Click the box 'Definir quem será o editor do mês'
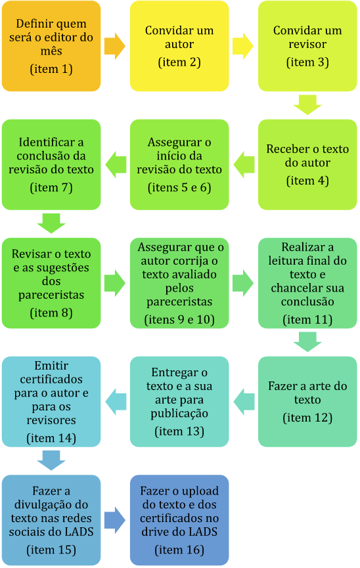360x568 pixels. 51,46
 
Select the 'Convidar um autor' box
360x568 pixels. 179,46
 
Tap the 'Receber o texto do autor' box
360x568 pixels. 307,164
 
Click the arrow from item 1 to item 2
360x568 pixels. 115,46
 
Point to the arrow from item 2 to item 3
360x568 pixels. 243,46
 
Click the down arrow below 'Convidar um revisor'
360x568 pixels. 307,105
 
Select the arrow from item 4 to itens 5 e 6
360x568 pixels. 244,164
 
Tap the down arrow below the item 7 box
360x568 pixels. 51,223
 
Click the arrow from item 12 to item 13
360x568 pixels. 244,402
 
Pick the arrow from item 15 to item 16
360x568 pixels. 115,520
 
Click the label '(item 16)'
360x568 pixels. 179,550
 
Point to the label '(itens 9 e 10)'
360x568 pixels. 179,320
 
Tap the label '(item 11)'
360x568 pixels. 307,320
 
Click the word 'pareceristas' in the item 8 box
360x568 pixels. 51,295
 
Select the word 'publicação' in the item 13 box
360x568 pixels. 179,414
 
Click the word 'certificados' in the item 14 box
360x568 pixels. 51,380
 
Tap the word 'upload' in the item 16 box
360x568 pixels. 200,492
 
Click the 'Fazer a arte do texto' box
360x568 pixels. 307,402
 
